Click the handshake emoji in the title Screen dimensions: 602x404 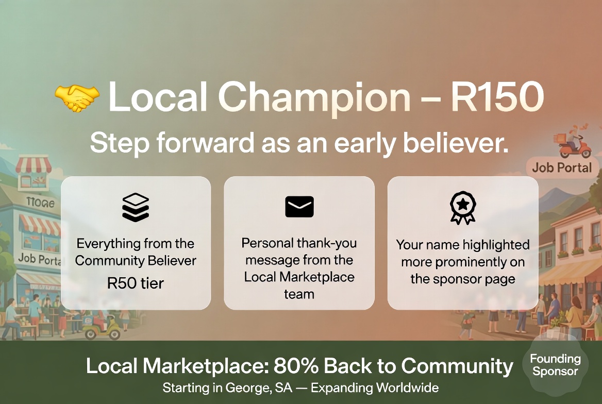tap(77, 97)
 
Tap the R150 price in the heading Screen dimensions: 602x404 tap(497, 96)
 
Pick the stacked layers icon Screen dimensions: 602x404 tap(136, 207)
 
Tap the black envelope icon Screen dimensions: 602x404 tap(299, 207)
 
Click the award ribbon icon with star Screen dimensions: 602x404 tap(463, 208)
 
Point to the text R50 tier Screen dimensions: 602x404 tap(136, 283)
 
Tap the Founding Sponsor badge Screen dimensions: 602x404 tap(555, 365)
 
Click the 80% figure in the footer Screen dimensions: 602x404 tap(296, 365)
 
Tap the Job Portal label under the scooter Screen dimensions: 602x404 tap(562, 168)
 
